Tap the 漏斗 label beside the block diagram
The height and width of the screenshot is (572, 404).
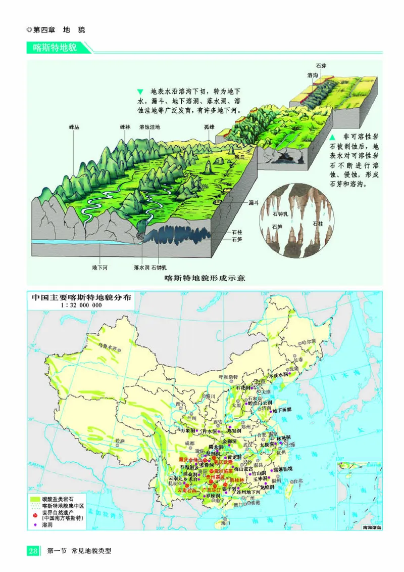point(254,202)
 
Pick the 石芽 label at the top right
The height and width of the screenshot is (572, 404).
point(321,66)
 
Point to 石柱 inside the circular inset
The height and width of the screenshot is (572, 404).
point(318,224)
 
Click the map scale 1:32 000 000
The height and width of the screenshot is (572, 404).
point(81,306)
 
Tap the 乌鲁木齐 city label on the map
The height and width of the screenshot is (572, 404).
point(110,348)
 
